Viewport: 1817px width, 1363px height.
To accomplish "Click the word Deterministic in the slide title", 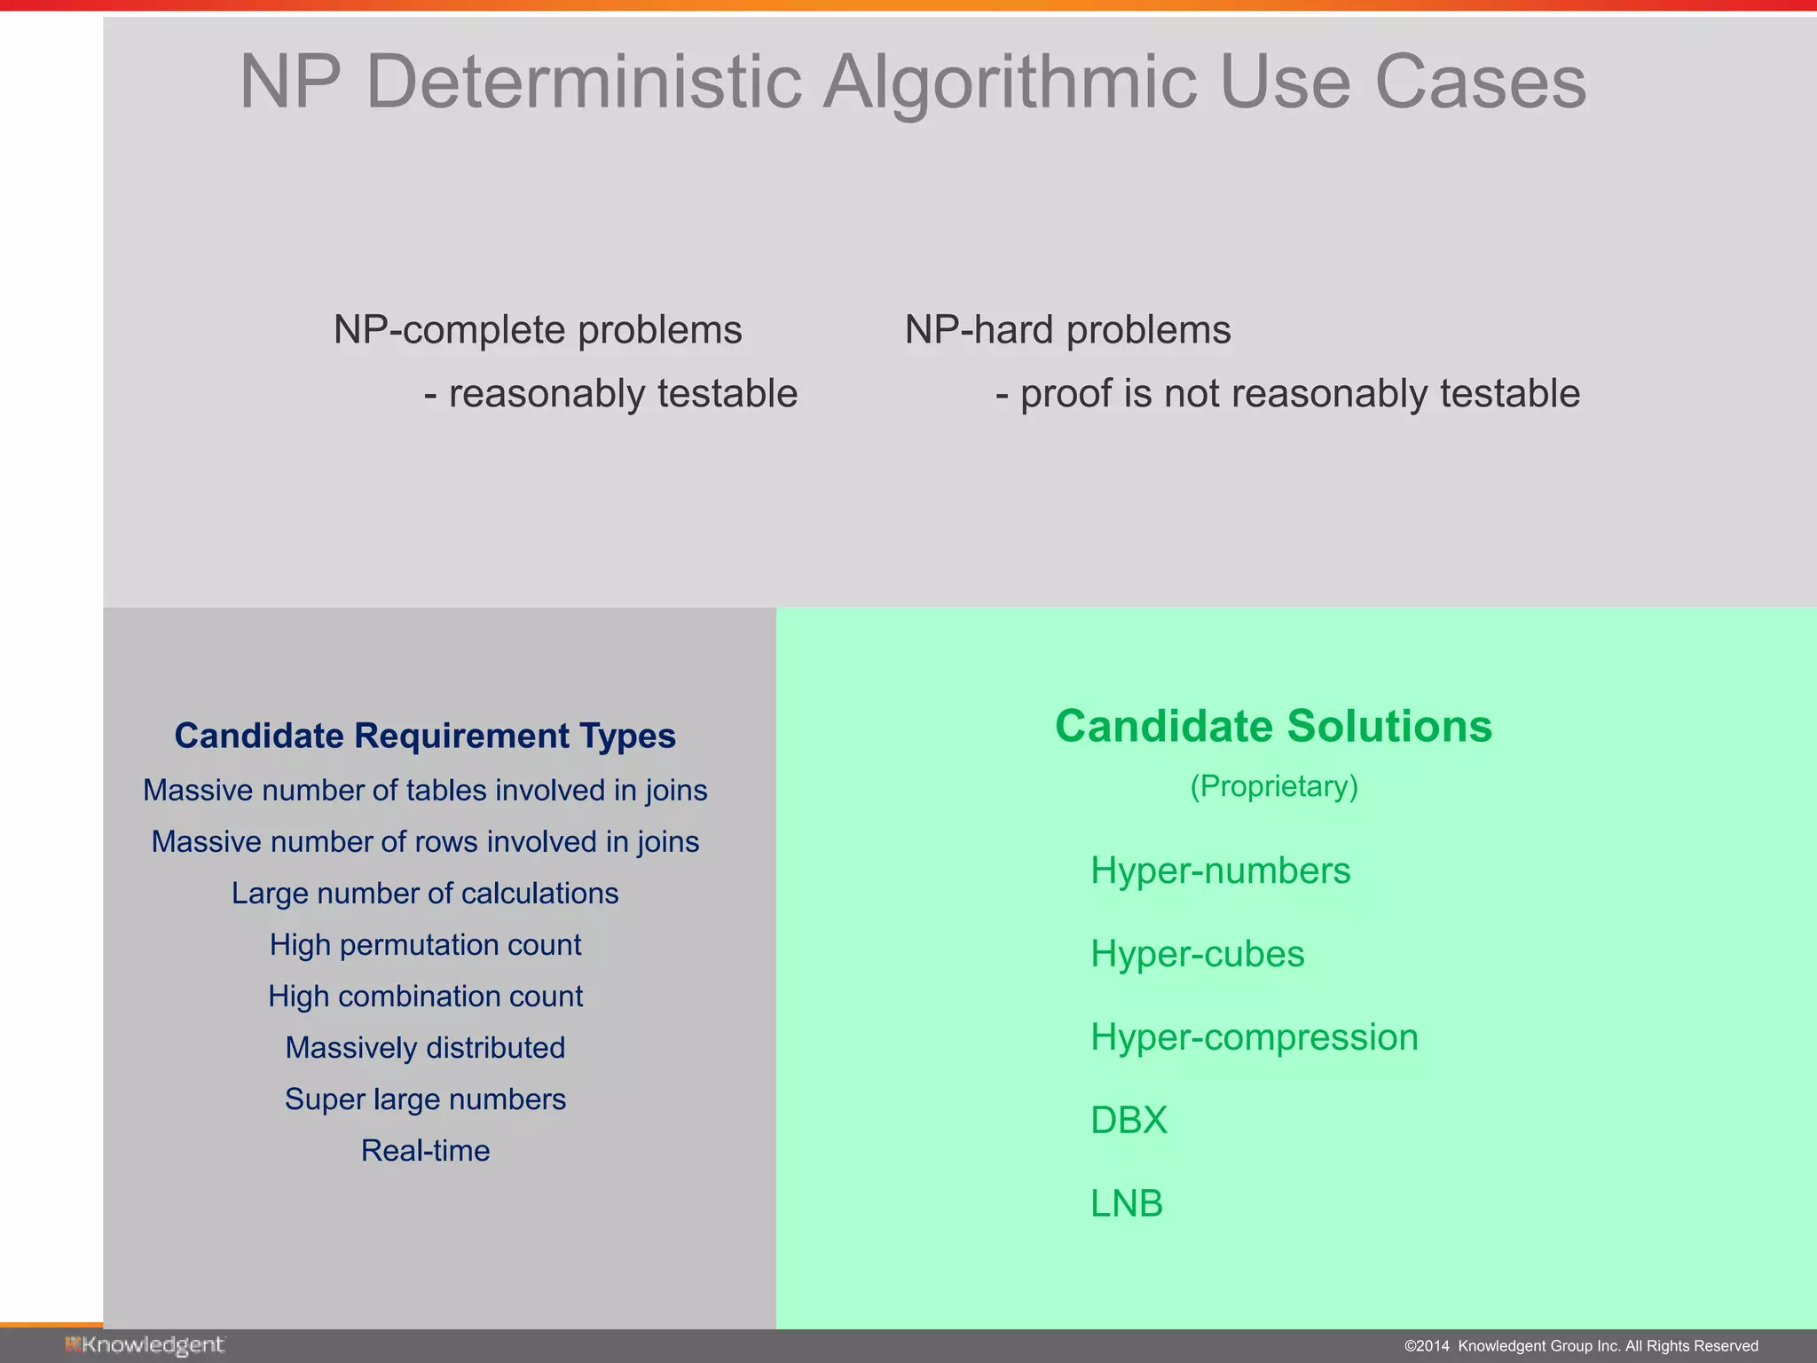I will [584, 82].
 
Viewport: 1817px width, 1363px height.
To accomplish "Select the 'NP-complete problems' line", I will [538, 330].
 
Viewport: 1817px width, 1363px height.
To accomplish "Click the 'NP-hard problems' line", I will [1067, 330].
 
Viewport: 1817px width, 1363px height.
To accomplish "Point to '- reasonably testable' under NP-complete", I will [610, 394].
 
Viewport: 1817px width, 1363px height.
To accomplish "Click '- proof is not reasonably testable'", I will [1287, 394].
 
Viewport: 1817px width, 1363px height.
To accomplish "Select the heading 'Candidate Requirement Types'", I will [425, 736].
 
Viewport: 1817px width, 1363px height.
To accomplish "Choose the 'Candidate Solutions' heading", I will [1273, 726].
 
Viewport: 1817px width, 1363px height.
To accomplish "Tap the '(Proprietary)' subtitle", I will [1273, 786].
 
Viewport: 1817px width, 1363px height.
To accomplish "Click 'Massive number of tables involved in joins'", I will [425, 790].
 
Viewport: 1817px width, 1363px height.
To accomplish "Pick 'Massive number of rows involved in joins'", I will [425, 841].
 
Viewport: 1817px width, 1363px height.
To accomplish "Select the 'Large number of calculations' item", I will [425, 893].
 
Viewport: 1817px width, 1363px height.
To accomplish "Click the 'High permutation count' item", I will [425, 944].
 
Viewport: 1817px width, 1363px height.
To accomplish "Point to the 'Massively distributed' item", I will [425, 1047].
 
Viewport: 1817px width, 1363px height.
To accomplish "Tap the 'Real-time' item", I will [425, 1150].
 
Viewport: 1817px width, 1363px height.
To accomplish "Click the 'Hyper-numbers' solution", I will [1220, 871].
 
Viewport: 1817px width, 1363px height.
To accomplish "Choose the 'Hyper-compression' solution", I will [1254, 1036].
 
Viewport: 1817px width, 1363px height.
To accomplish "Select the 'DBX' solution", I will [1129, 1120].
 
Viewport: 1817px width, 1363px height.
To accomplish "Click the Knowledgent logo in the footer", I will [145, 1345].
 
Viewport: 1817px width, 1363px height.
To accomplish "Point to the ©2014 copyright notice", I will [1581, 1346].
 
